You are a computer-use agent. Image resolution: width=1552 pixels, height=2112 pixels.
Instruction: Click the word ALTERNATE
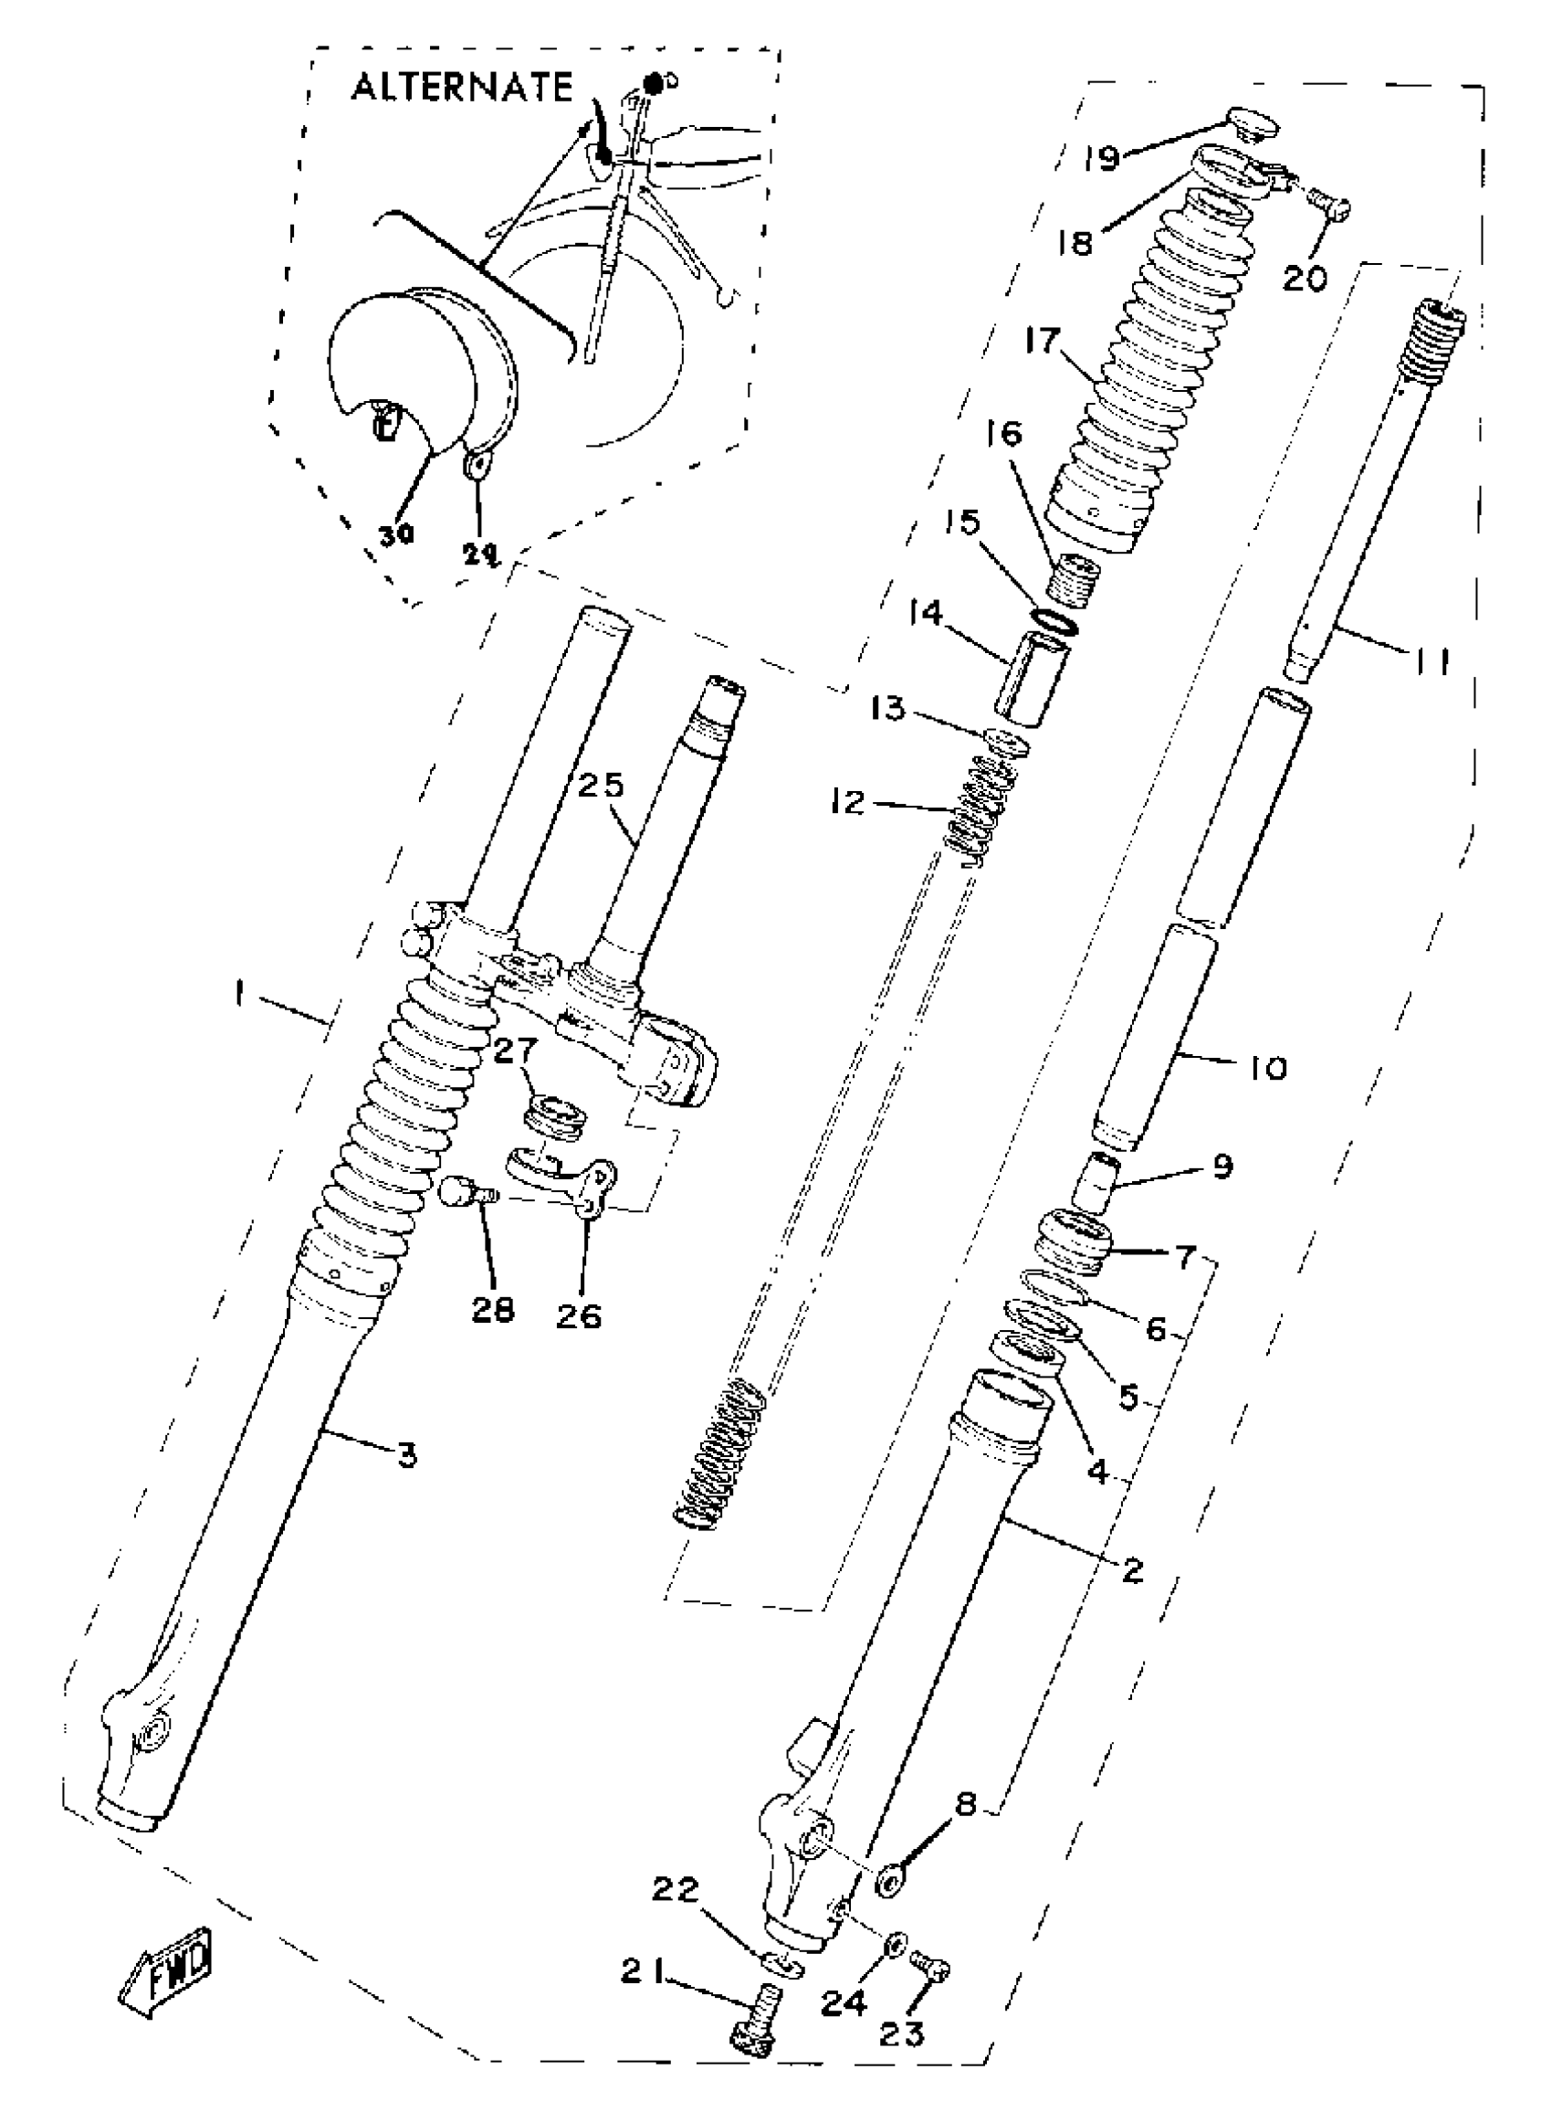point(461,88)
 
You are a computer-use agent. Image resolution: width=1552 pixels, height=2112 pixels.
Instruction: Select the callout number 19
point(1100,157)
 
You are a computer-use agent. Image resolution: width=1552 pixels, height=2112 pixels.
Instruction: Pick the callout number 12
point(848,803)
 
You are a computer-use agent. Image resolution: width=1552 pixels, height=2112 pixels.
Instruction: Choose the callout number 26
point(578,1317)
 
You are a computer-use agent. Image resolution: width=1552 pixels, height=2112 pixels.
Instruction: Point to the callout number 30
point(395,535)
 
